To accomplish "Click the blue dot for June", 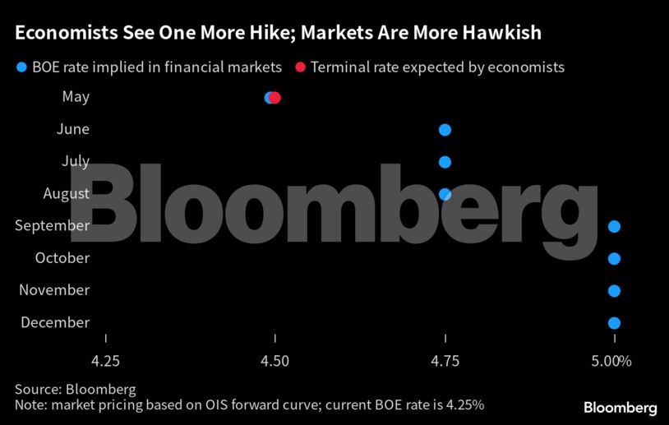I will (x=445, y=130).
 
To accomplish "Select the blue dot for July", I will (x=445, y=162).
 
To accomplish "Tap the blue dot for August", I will (x=445, y=195).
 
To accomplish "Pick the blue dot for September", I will (x=614, y=227).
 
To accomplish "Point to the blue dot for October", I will (x=614, y=259).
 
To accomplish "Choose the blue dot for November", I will (x=614, y=291).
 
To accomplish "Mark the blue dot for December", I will (x=614, y=323).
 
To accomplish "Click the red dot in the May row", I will (x=275, y=98).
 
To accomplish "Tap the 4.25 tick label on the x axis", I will (x=106, y=361).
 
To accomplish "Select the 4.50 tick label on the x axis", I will (x=275, y=361).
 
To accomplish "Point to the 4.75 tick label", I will (x=445, y=361).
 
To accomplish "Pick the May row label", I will (x=76, y=97).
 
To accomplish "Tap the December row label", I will (x=55, y=322).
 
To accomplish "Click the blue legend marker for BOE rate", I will (x=21, y=67).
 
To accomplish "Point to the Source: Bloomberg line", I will (x=75, y=389).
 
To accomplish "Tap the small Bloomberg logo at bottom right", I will (x=620, y=408).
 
